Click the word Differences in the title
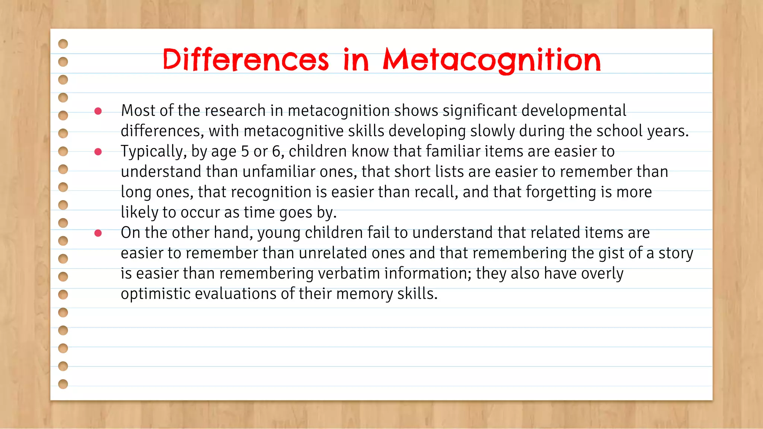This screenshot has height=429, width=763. pyautogui.click(x=246, y=60)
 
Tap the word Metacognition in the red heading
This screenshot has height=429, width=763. pyautogui.click(x=492, y=60)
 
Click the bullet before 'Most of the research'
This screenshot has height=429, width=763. pyautogui.click(x=98, y=111)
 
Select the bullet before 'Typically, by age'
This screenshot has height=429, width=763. pyautogui.click(x=98, y=152)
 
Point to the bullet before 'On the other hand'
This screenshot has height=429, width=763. pyautogui.click(x=98, y=233)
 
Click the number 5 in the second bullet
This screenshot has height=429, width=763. pyautogui.click(x=245, y=152)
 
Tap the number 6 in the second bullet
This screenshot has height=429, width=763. pyautogui.click(x=276, y=152)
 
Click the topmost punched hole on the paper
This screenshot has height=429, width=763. pyautogui.click(x=63, y=44)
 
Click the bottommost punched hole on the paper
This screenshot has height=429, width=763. pyautogui.click(x=63, y=384)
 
